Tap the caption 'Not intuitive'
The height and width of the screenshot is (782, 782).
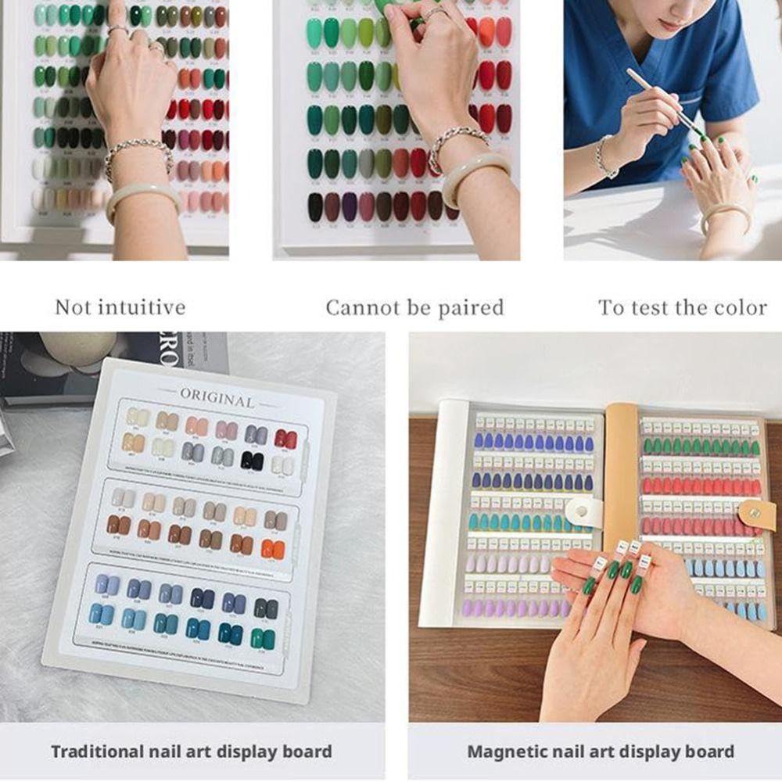click(x=120, y=307)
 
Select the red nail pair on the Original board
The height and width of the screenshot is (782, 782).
click(x=285, y=439)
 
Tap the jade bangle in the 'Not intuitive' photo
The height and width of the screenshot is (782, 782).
click(x=141, y=195)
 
